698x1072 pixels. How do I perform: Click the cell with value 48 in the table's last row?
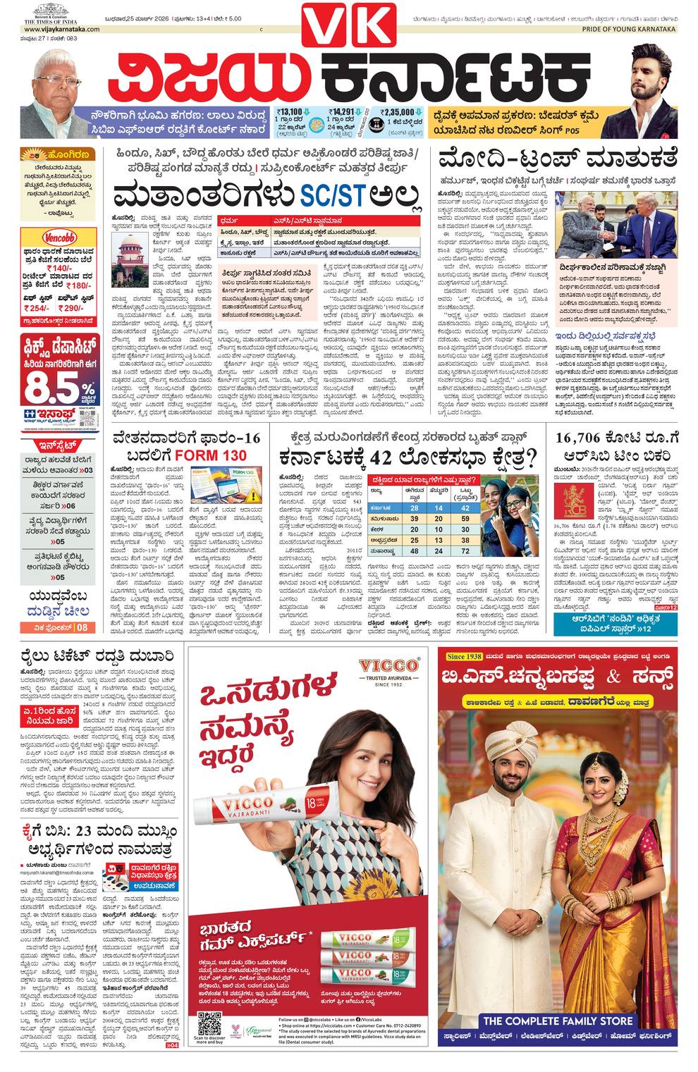click(415, 551)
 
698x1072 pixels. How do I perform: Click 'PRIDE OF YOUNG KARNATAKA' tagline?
click(629, 30)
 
